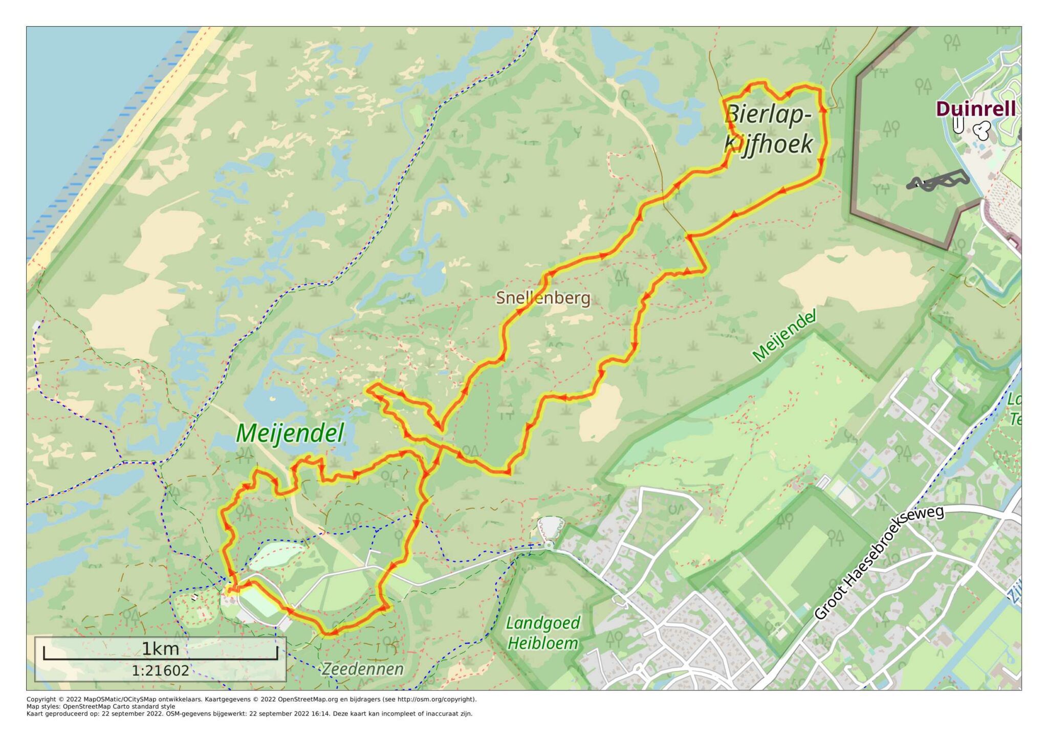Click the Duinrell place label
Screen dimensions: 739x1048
click(x=975, y=108)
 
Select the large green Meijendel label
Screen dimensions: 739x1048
click(x=290, y=433)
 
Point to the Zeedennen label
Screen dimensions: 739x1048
click(x=362, y=668)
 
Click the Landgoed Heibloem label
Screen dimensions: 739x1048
click(x=543, y=633)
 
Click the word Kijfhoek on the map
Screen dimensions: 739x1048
click(x=769, y=144)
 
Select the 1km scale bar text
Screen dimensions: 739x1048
click(x=160, y=649)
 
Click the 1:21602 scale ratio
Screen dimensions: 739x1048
click(x=160, y=670)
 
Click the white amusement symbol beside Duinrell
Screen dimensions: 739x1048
click(x=981, y=131)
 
